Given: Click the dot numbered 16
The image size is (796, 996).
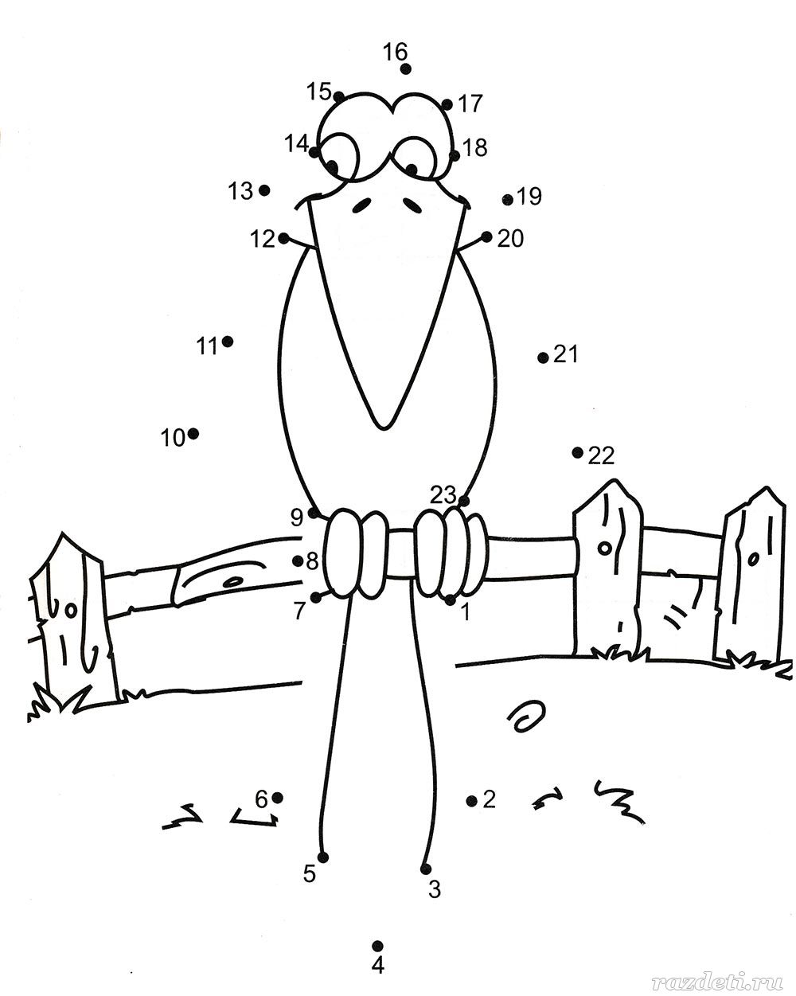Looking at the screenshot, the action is [x=405, y=69].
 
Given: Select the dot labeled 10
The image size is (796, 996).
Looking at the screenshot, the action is [x=193, y=434].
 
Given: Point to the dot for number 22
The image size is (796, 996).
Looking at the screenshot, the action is [x=577, y=452].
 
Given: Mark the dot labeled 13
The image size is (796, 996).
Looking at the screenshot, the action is [x=264, y=189].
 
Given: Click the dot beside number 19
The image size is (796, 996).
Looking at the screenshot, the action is [x=508, y=200].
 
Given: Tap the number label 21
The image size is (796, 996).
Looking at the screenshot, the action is [x=566, y=355].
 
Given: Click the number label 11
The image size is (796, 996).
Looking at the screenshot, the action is [x=206, y=346].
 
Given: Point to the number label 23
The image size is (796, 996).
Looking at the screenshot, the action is [x=443, y=495].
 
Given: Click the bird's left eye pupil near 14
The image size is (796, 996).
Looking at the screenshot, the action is [x=332, y=166].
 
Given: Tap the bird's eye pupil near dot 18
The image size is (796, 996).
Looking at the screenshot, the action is [x=412, y=170].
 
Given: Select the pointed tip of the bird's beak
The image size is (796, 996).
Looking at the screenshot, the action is [x=383, y=429].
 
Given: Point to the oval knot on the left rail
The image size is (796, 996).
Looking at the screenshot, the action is [x=234, y=581].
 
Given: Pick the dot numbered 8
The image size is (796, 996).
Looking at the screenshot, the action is [x=298, y=561].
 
